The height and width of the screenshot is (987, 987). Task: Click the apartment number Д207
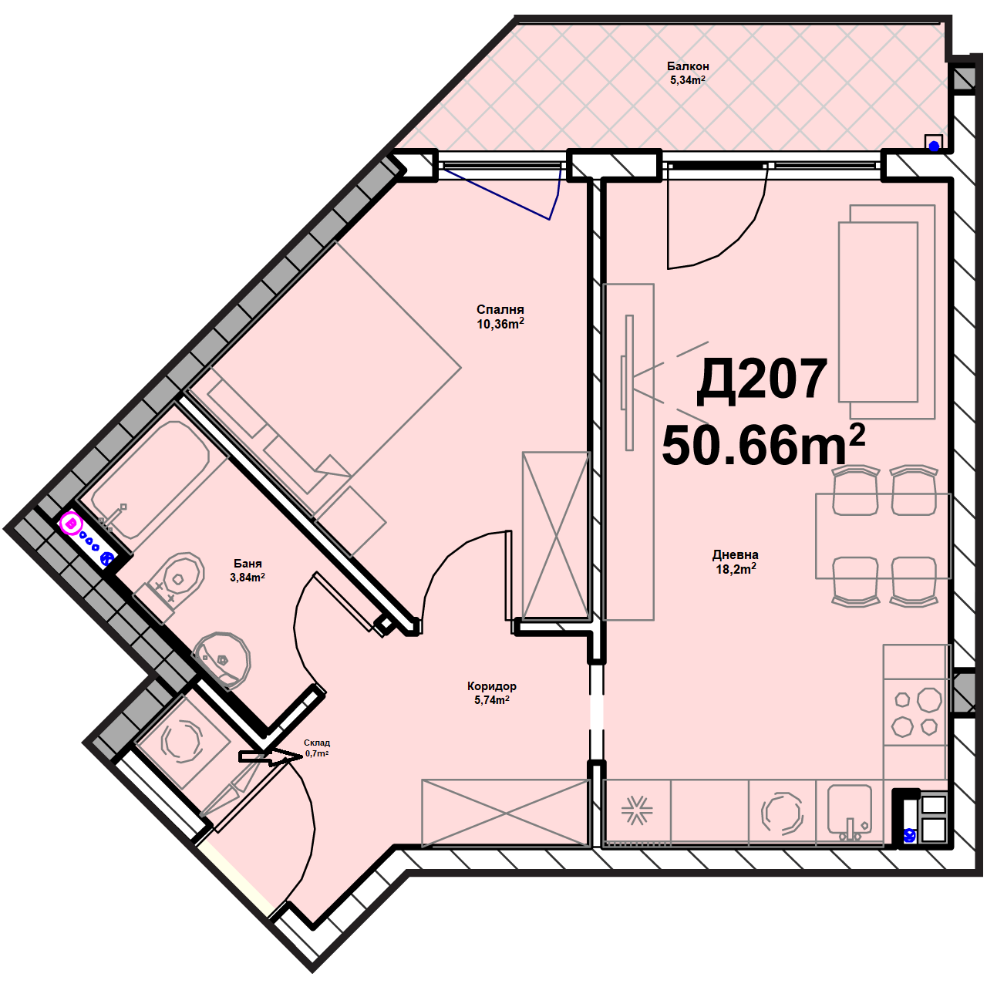pyautogui.click(x=762, y=380)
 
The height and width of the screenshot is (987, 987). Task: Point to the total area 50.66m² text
pyautogui.click(x=763, y=443)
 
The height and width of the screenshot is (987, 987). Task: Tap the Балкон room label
pyautogui.click(x=688, y=66)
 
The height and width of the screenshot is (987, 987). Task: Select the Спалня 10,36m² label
pyautogui.click(x=500, y=317)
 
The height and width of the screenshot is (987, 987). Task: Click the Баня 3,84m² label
pyautogui.click(x=248, y=571)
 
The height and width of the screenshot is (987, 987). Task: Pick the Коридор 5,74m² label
pyautogui.click(x=492, y=693)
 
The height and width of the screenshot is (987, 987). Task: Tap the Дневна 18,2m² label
pyautogui.click(x=736, y=562)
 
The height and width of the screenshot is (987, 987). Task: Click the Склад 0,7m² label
pyautogui.click(x=317, y=748)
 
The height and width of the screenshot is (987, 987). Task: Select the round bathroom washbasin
pyautogui.click(x=222, y=660)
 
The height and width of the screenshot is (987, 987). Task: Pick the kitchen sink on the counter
pyautogui.click(x=850, y=815)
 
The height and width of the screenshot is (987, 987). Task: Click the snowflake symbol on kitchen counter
pyautogui.click(x=637, y=811)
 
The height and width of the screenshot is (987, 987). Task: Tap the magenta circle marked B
pyautogui.click(x=72, y=524)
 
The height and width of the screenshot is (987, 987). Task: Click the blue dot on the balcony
pyautogui.click(x=935, y=146)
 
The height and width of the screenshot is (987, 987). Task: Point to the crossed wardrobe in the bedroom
pyautogui.click(x=556, y=534)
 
